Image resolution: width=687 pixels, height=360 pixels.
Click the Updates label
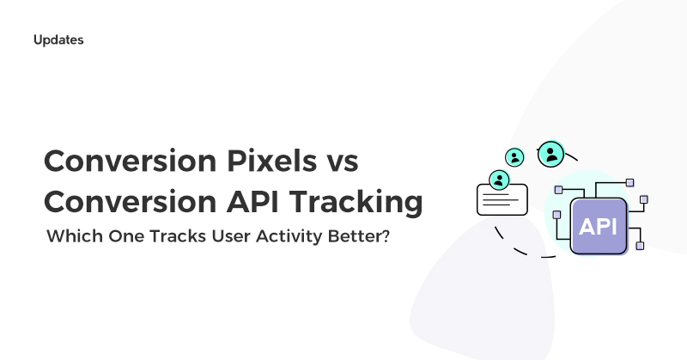[58, 40]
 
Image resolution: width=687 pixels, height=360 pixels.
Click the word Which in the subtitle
[72, 236]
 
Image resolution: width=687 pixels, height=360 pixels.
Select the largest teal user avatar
[550, 155]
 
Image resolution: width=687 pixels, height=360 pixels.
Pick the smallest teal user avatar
[514, 158]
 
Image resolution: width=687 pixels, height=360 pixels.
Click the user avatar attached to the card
[498, 180]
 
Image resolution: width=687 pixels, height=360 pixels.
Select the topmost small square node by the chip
[629, 182]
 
